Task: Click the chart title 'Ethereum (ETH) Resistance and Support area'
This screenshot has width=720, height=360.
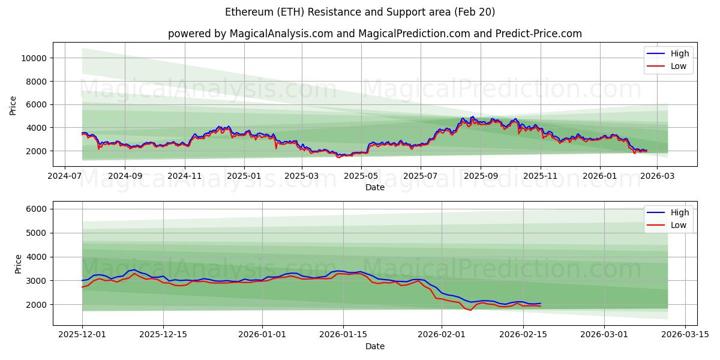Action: (x=360, y=12)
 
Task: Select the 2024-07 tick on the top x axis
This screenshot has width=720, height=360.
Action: (x=65, y=177)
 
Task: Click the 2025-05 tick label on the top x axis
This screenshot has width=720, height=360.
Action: (x=361, y=177)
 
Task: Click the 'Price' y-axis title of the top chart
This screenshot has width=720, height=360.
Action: (x=13, y=104)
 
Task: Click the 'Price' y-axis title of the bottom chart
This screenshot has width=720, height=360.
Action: (x=18, y=264)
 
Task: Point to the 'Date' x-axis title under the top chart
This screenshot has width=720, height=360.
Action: (x=374, y=187)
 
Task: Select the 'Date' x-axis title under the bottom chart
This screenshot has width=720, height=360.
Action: (x=374, y=346)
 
